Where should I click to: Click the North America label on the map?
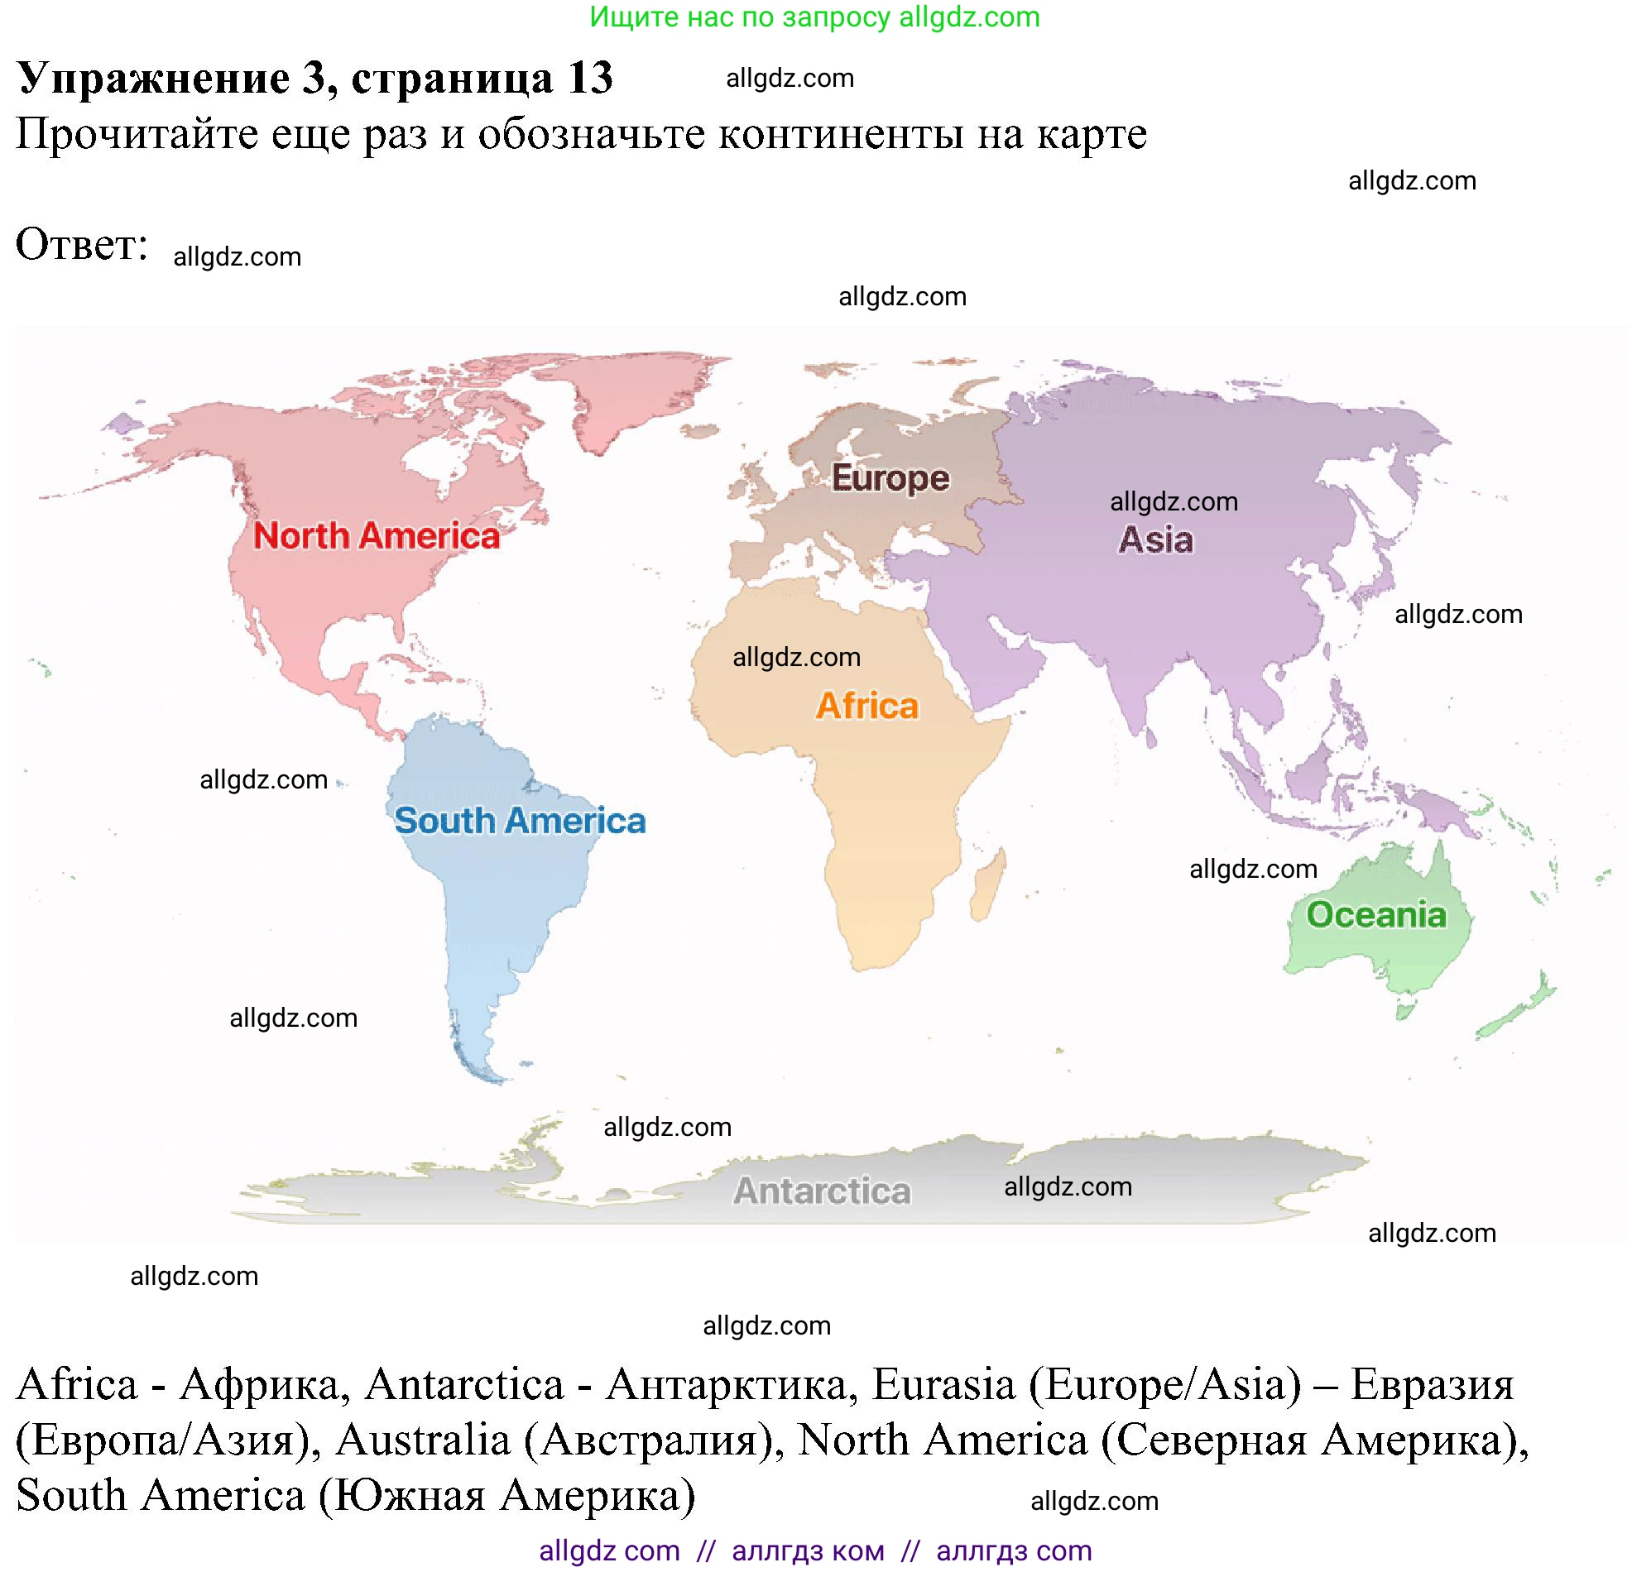click(x=376, y=535)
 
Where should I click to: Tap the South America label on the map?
click(x=520, y=821)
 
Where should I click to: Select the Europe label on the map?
click(x=890, y=478)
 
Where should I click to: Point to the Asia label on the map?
click(x=1154, y=539)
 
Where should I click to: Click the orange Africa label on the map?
click(x=866, y=706)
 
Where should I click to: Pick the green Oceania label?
click(x=1376, y=915)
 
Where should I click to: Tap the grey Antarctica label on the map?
click(x=822, y=1191)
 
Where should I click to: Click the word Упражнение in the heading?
click(x=153, y=79)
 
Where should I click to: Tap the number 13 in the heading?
click(x=590, y=79)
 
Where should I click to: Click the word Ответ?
click(x=82, y=245)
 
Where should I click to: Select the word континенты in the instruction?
click(x=841, y=134)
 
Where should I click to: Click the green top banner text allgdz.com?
click(x=969, y=17)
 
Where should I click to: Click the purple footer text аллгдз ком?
click(x=808, y=1551)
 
